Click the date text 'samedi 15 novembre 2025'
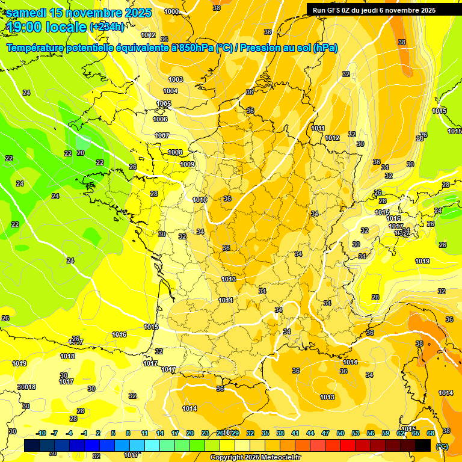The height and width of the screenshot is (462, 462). (x=78, y=12)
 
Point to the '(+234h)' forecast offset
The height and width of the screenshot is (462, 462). (x=107, y=26)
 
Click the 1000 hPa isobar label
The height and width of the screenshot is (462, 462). (x=171, y=11)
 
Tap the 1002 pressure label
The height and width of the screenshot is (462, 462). (x=148, y=35)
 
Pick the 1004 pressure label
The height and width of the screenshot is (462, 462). (x=170, y=91)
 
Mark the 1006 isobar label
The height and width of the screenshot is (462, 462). (x=160, y=119)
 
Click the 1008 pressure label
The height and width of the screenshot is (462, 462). (x=175, y=152)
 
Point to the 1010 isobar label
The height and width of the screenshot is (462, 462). (x=200, y=200)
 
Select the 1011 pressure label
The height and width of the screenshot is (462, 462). (x=318, y=128)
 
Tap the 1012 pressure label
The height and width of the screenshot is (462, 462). (x=332, y=138)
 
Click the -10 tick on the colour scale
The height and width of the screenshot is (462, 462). (x=41, y=433)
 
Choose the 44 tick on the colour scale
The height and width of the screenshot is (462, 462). (x=310, y=433)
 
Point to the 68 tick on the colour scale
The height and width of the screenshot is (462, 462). (x=431, y=433)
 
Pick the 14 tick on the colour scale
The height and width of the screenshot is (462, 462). (x=160, y=433)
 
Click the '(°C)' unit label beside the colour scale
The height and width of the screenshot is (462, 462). (x=441, y=446)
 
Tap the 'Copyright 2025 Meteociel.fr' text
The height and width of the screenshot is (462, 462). (x=255, y=457)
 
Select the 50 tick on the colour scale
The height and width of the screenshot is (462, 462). (x=340, y=433)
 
